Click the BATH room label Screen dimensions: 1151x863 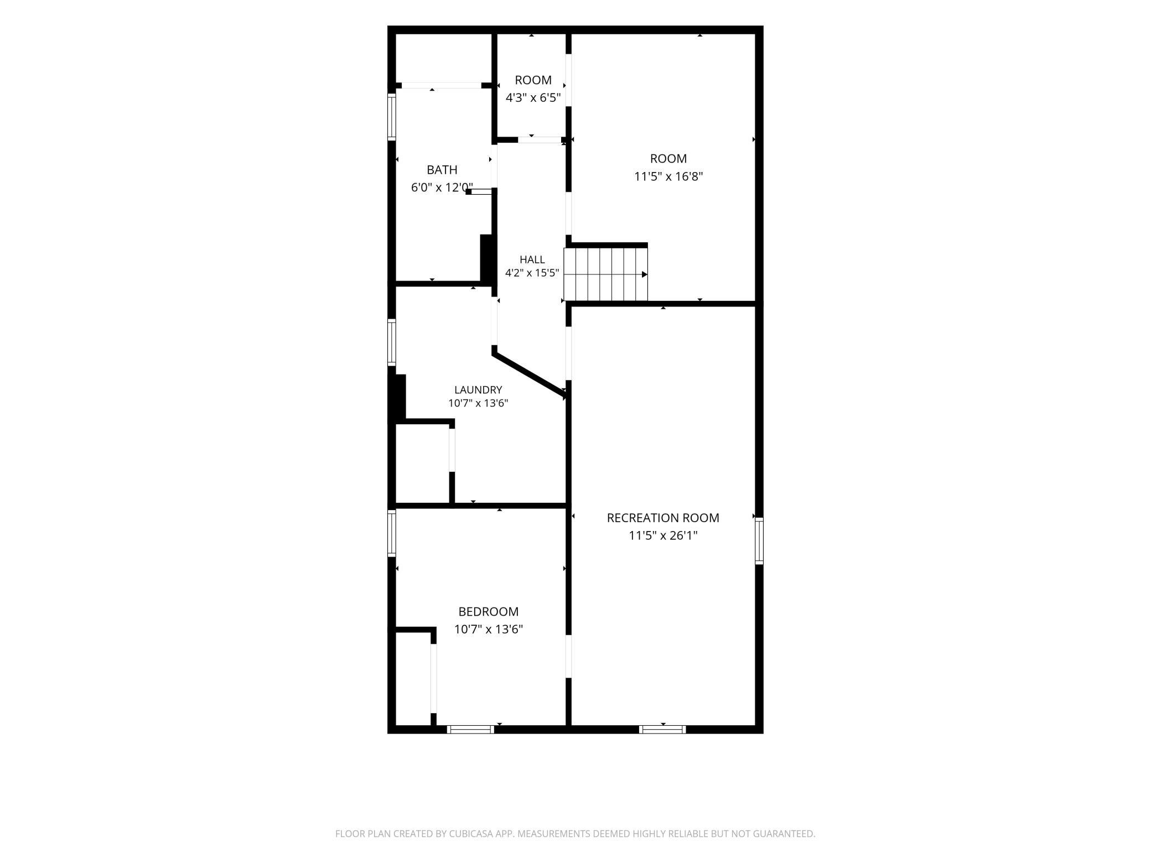click(x=442, y=170)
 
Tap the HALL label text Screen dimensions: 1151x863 click(x=532, y=259)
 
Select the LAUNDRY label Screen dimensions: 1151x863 click(x=478, y=390)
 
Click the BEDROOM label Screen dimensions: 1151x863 click(x=488, y=611)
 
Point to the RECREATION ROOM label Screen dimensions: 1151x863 click(x=663, y=518)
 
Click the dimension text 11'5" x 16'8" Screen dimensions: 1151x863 click(x=668, y=176)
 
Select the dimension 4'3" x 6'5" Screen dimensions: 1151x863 click(x=533, y=98)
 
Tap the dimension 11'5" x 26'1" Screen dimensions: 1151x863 click(x=663, y=536)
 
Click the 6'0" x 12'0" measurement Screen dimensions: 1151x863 click(x=442, y=188)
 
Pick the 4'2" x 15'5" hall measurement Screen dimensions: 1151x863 click(x=532, y=273)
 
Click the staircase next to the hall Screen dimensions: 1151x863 click(x=605, y=274)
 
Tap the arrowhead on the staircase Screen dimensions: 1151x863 click(x=645, y=274)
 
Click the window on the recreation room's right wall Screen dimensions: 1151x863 click(x=759, y=540)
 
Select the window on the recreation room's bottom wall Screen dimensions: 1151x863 click(x=662, y=729)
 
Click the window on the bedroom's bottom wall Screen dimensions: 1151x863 click(x=470, y=729)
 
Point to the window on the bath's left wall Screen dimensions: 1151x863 click(x=392, y=117)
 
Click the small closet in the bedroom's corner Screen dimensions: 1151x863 click(x=413, y=678)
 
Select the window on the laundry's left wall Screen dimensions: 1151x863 click(x=392, y=342)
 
